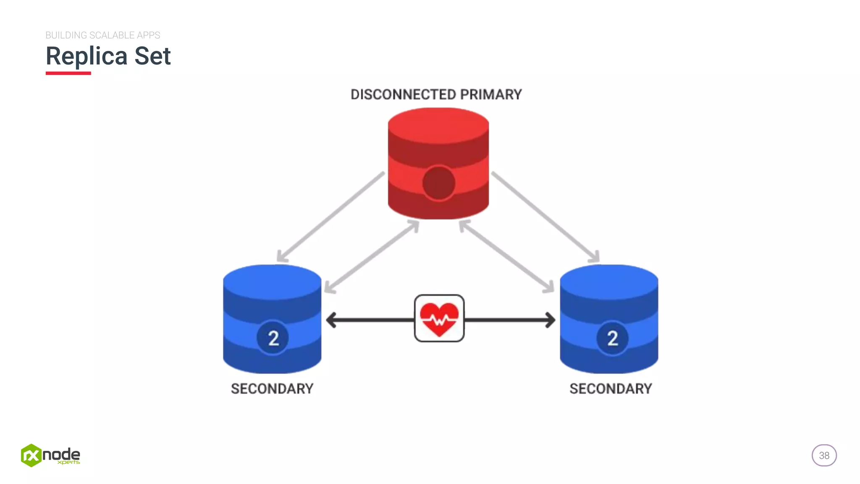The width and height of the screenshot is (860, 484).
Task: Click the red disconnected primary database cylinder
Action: pyautogui.click(x=438, y=139)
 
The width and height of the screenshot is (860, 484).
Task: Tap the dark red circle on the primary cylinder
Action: pyautogui.click(x=439, y=183)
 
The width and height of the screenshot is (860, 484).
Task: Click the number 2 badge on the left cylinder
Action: pyautogui.click(x=273, y=338)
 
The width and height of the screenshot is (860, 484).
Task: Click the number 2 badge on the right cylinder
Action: pyautogui.click(x=612, y=338)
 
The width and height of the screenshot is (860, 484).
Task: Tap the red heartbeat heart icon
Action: pyautogui.click(x=439, y=319)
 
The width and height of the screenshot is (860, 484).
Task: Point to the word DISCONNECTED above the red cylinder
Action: pyautogui.click(x=403, y=95)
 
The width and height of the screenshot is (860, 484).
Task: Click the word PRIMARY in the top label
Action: pyautogui.click(x=491, y=95)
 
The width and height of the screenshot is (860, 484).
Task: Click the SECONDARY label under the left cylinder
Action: pyautogui.click(x=272, y=389)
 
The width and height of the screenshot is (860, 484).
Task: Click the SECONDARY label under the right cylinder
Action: pyautogui.click(x=611, y=389)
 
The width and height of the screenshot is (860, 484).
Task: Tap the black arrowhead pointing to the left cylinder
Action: pyautogui.click(x=332, y=320)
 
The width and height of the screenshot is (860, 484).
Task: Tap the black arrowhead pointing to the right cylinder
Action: pyautogui.click(x=550, y=320)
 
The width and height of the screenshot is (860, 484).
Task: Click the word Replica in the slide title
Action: pyautogui.click(x=87, y=56)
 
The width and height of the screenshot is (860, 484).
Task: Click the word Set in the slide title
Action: pyautogui.click(x=152, y=56)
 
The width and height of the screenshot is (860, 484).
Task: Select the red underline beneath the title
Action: pyautogui.click(x=68, y=73)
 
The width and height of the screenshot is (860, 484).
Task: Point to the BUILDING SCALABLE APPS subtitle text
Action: pyautogui.click(x=103, y=35)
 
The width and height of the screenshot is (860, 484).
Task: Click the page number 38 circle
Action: pyautogui.click(x=824, y=455)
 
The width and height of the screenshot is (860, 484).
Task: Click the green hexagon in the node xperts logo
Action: pyautogui.click(x=31, y=455)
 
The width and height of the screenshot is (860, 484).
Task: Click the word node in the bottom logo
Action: pyautogui.click(x=61, y=454)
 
